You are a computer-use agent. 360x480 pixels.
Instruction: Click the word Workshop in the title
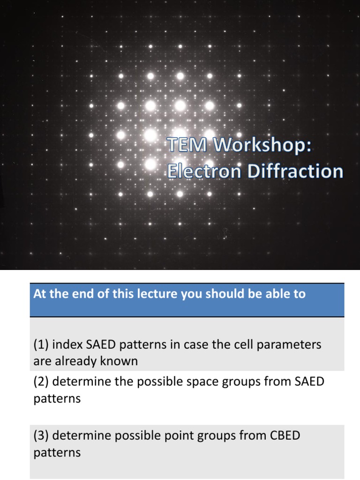(x=262, y=146)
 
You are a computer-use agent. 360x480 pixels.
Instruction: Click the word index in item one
(x=67, y=345)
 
